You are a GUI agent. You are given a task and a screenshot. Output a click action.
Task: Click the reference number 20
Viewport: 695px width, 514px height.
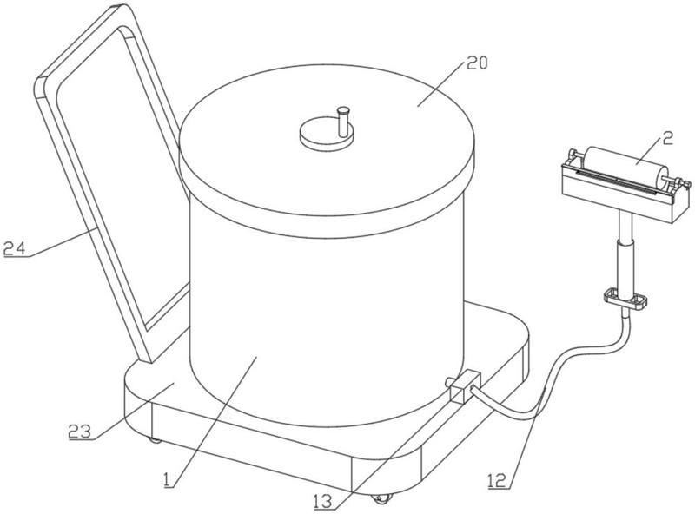tap(476, 63)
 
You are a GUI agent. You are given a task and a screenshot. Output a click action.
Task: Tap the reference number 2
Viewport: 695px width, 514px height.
tap(668, 139)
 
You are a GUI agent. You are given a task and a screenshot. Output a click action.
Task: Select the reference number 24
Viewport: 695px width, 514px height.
tap(15, 249)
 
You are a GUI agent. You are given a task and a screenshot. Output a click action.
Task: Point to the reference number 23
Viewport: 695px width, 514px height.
tap(80, 432)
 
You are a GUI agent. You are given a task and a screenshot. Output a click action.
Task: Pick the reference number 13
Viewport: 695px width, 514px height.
tap(322, 502)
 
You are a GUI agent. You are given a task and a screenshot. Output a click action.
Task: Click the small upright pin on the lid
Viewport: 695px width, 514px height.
tap(343, 122)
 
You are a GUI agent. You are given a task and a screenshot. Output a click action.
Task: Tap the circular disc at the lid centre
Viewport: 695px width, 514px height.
tap(327, 135)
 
